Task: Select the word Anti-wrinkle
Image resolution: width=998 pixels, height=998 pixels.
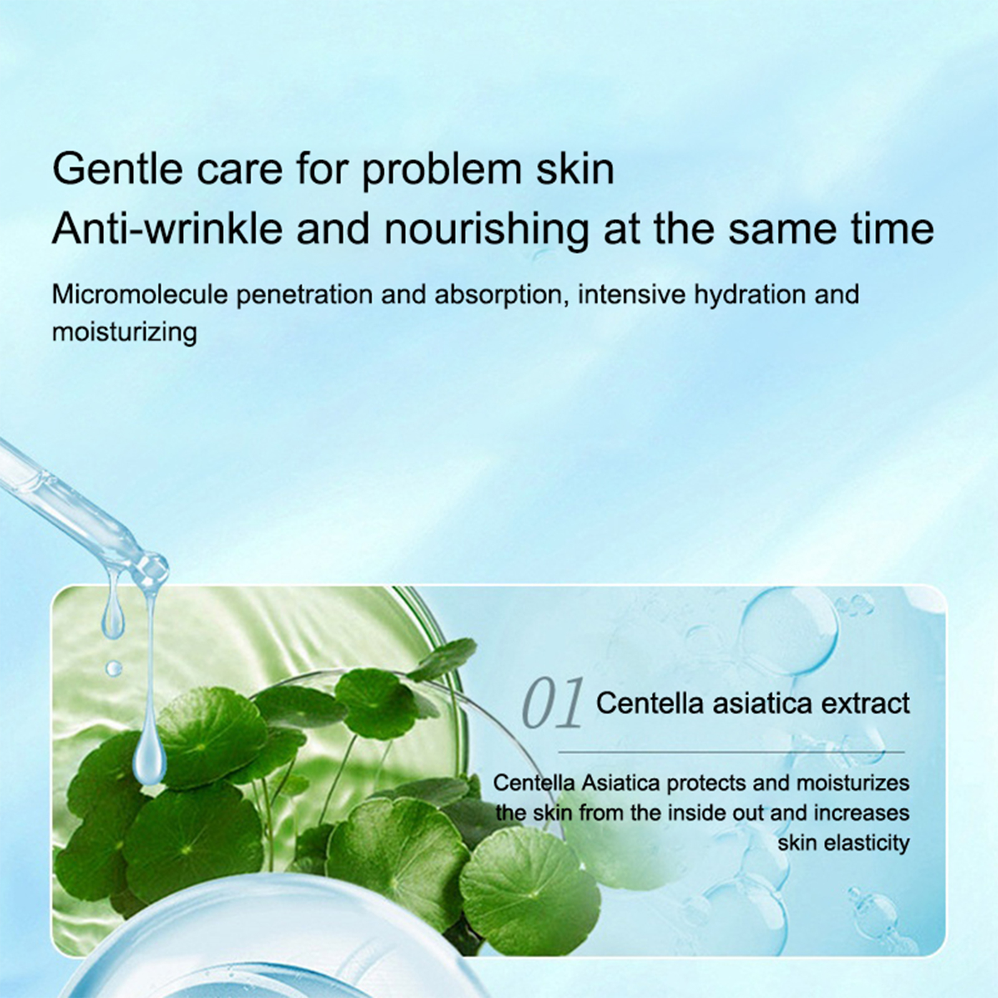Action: click(167, 228)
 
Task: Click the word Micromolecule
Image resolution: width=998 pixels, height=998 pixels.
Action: click(140, 294)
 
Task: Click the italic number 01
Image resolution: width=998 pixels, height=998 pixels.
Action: click(551, 704)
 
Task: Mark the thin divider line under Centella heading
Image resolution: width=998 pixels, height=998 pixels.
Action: click(732, 752)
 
